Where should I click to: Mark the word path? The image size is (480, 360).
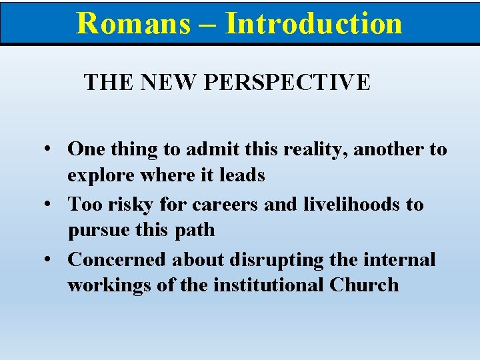tap(196, 231)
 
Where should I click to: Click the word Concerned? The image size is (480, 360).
tap(116, 259)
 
